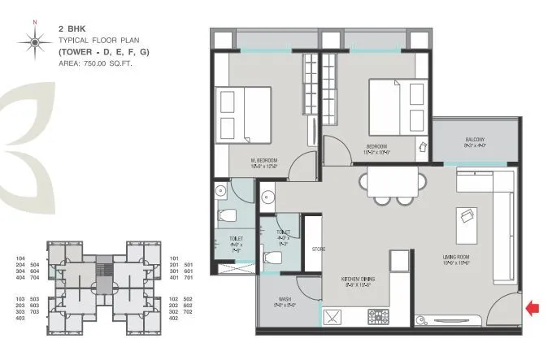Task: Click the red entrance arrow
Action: (x=533, y=307)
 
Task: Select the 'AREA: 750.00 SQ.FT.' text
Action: (x=93, y=62)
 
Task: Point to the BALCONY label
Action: (x=476, y=140)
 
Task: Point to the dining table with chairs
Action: (x=394, y=183)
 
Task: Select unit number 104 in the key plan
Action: (x=21, y=258)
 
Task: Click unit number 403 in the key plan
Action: (x=21, y=319)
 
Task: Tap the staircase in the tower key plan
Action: (x=102, y=269)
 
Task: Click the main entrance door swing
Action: (x=505, y=314)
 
